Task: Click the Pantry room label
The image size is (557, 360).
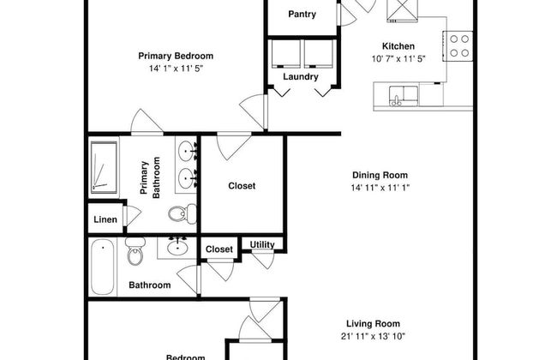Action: tap(302, 14)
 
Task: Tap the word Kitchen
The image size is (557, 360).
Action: tap(398, 46)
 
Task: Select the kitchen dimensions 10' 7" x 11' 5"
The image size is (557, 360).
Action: tap(398, 58)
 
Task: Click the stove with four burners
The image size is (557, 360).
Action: tap(459, 44)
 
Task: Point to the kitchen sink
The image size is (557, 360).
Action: tap(403, 93)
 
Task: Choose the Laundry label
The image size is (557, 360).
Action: tap(300, 76)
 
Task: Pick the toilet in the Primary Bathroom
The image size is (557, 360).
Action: tap(178, 213)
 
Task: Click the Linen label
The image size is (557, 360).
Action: tap(105, 220)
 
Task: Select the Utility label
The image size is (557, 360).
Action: tap(262, 245)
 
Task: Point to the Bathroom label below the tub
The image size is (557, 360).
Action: tap(149, 285)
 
